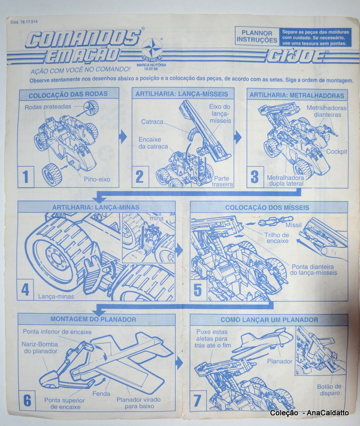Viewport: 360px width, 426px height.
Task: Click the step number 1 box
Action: (26, 176)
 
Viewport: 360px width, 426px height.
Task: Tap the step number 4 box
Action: (26, 289)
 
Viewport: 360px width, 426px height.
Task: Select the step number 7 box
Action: (198, 401)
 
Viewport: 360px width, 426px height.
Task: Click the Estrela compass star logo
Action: (152, 49)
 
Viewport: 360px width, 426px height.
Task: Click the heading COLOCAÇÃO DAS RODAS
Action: (68, 94)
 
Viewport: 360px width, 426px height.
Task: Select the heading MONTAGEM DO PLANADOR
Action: (93, 319)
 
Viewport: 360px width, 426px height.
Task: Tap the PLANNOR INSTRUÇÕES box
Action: (257, 37)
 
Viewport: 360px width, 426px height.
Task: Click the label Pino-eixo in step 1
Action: (97, 179)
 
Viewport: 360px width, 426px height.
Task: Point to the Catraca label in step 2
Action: (152, 122)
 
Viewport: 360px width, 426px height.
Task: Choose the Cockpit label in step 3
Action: (337, 152)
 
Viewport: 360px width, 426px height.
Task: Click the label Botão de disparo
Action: (329, 390)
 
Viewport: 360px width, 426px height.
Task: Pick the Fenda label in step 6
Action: (101, 394)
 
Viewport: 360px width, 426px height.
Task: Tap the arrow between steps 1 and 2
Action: (123, 137)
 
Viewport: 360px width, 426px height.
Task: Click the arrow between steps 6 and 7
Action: (179, 363)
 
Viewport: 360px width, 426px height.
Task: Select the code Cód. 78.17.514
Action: (24, 22)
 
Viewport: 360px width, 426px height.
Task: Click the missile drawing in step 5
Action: (275, 222)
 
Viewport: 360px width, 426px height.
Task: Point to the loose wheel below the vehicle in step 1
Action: (52, 175)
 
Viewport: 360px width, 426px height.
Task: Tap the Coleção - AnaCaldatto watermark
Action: (309, 413)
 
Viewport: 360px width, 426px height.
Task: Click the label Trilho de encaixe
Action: (277, 238)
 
